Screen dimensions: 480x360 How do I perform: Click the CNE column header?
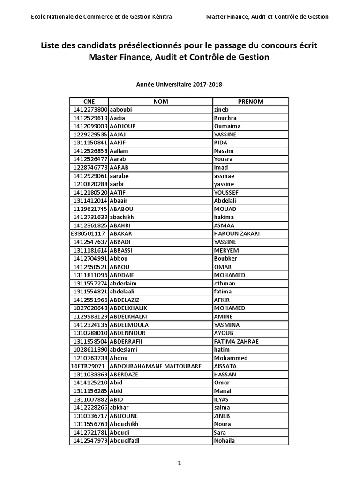coord(89,101)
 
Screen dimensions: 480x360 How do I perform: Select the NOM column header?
coord(160,101)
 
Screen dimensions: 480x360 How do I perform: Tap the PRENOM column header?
coord(250,101)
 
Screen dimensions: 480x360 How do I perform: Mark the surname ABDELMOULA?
coord(129,325)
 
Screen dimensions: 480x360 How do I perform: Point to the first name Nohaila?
coord(225,441)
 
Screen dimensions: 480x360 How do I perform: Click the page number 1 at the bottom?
coord(179,463)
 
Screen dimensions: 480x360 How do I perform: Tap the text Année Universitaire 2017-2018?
coord(179,85)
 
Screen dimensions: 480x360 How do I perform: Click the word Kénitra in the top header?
coord(160,17)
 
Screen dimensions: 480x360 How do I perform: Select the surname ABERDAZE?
coord(124,375)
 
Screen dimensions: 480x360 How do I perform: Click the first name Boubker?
coord(225,259)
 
